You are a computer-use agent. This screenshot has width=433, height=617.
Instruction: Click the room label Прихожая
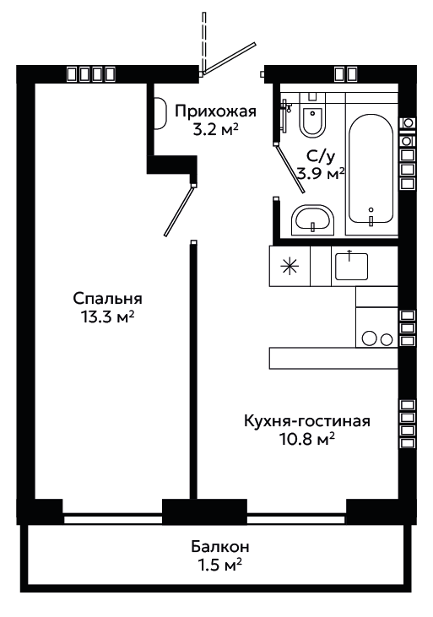[x=215, y=111]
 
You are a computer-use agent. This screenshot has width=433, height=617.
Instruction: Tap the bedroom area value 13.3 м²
[x=107, y=317]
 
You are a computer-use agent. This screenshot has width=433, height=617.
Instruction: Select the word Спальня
[x=107, y=299]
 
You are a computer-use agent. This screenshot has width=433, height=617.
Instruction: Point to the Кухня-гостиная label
[x=307, y=421]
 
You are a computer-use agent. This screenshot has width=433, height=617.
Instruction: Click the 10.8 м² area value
[x=307, y=439]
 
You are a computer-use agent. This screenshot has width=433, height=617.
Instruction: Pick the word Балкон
[x=220, y=547]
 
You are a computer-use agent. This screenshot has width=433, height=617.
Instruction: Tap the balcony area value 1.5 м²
[x=219, y=566]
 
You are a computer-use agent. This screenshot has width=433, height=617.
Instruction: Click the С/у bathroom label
[x=321, y=157]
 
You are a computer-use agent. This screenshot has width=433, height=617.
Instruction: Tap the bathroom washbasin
[x=312, y=220]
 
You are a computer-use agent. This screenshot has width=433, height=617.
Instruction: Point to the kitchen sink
[x=351, y=267]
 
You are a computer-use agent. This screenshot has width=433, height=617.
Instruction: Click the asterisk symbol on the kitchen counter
[x=290, y=267]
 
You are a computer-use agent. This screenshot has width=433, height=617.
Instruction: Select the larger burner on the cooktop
[x=370, y=338]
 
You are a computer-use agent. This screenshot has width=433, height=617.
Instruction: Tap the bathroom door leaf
[x=290, y=169]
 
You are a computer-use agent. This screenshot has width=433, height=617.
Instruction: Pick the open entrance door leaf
[x=229, y=58]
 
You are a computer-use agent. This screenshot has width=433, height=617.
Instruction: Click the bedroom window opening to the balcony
[x=113, y=520]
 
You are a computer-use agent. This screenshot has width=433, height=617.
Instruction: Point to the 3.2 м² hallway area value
[x=216, y=129]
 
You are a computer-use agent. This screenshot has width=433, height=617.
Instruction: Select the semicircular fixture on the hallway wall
[x=160, y=113]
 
